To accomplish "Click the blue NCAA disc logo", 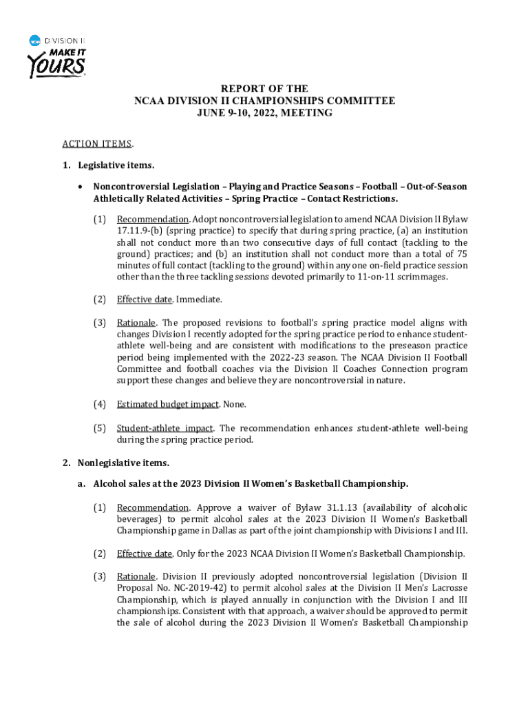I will click(35, 41).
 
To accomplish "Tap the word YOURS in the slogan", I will click(56, 67).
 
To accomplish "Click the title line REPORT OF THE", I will click(264, 89).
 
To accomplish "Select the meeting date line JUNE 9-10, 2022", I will click(264, 112).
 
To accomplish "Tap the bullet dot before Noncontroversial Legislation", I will click(82, 187).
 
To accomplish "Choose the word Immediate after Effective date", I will click(198, 299).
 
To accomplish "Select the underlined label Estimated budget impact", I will click(167, 404).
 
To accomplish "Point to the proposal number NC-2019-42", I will click(204, 587).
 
